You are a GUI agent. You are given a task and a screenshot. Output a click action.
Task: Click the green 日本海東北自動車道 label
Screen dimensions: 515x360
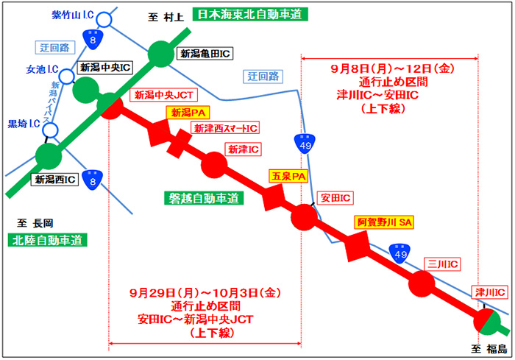tap(250, 13)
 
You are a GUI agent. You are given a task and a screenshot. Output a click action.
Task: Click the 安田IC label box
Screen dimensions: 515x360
tap(334, 197)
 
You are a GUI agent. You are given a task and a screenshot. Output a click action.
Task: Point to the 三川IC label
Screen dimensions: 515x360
tap(444, 263)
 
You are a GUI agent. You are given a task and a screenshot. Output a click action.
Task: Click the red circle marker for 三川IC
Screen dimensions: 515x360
tap(422, 284)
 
